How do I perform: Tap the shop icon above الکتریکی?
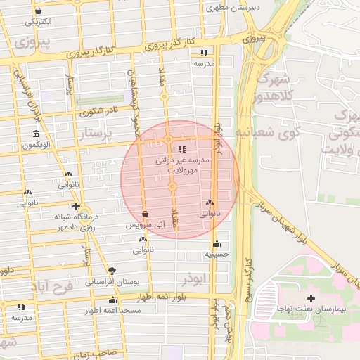(x=37, y=11)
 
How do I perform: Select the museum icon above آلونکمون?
(x=36, y=134)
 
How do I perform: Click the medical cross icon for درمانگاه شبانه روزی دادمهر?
(x=76, y=207)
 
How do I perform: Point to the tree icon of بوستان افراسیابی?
(x=112, y=270)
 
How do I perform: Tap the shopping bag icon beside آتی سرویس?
(x=145, y=214)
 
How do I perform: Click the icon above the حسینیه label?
(x=217, y=243)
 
